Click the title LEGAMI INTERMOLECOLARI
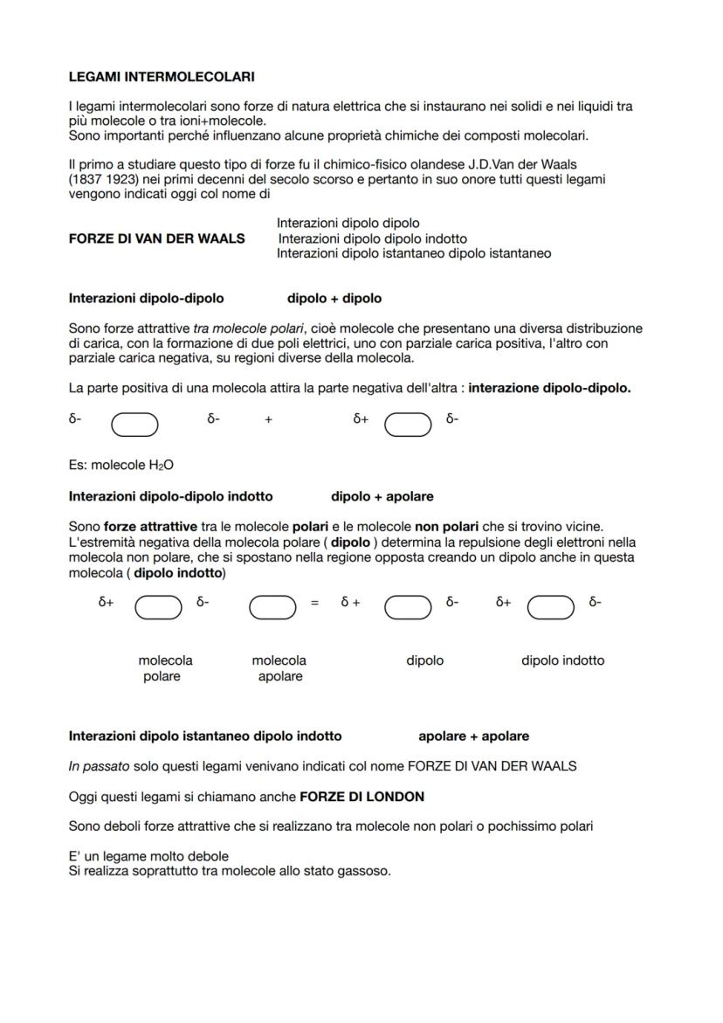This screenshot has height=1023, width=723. click(162, 78)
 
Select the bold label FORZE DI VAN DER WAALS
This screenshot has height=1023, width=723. click(156, 238)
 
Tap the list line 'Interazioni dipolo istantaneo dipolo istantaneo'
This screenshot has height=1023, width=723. click(413, 253)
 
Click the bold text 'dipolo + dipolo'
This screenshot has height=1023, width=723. click(334, 298)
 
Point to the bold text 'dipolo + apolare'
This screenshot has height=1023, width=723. click(382, 496)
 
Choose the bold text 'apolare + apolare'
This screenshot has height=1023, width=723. click(473, 736)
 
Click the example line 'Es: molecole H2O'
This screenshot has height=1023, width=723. click(120, 465)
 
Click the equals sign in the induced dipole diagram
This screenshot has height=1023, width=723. click(315, 603)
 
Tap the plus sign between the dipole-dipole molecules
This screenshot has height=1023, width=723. click(268, 419)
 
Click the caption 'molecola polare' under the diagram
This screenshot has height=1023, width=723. click(165, 668)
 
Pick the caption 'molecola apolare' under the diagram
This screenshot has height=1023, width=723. click(279, 668)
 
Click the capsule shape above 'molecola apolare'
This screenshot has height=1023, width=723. click(272, 606)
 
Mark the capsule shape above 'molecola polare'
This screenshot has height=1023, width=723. click(158, 606)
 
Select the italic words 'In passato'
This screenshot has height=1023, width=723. click(99, 766)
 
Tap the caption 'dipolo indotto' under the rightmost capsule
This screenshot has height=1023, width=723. click(562, 660)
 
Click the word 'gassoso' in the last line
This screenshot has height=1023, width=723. click(368, 871)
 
